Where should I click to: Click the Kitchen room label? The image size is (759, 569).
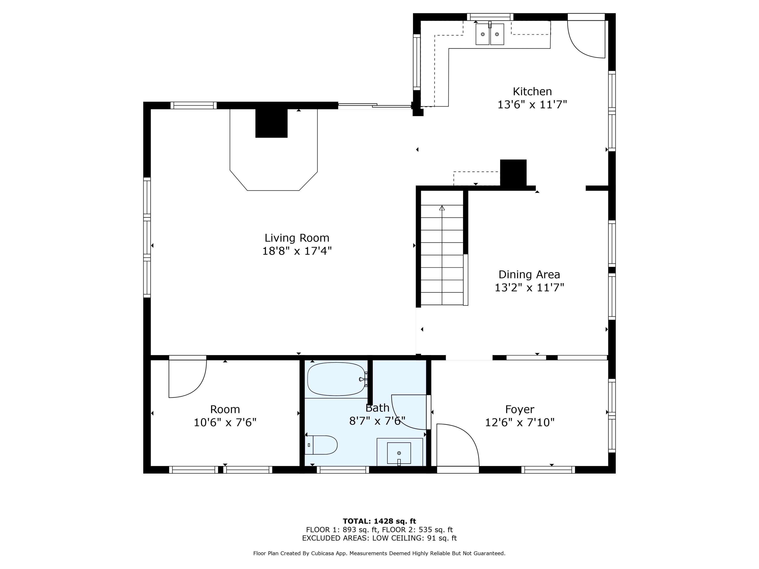click(532, 92)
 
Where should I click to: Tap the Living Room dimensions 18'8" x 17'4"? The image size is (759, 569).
click(297, 251)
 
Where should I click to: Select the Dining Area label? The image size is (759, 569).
click(529, 274)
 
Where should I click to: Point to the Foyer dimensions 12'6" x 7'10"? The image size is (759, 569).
click(519, 422)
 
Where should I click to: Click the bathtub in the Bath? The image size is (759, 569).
click(336, 379)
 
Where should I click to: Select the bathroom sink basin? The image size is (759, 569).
click(399, 453)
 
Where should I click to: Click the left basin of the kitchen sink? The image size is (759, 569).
click(482, 34)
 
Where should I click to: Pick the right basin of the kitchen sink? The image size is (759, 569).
click(497, 34)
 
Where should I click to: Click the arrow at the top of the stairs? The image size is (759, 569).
click(442, 208)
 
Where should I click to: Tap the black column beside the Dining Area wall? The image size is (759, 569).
click(513, 173)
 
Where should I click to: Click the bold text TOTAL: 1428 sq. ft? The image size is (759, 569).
click(379, 521)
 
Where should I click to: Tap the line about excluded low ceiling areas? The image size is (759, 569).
click(379, 538)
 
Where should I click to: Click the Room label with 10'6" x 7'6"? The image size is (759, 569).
click(225, 416)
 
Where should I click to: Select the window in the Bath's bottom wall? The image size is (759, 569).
click(343, 470)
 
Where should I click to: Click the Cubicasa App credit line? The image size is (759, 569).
click(379, 553)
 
